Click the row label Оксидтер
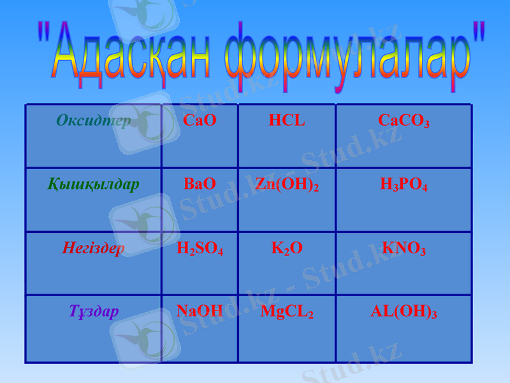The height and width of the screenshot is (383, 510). (94, 121)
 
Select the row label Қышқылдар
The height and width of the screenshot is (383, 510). (94, 184)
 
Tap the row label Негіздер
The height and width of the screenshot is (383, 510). (94, 248)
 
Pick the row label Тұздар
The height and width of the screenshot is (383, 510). (94, 312)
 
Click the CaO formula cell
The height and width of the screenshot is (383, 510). (200, 120)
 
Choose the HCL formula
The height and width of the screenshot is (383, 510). (287, 120)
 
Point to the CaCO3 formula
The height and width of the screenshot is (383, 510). (404, 121)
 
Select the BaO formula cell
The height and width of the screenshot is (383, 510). (200, 184)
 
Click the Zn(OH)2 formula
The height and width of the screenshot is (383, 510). (287, 184)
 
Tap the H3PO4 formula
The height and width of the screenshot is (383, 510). (404, 185)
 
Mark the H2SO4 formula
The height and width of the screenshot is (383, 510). (200, 248)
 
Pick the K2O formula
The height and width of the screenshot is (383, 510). (287, 248)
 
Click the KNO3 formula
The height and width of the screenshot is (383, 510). (404, 248)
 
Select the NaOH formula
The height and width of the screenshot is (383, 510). (200, 311)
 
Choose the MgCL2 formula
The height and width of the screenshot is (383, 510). (287, 312)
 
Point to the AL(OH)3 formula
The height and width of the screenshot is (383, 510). (404, 312)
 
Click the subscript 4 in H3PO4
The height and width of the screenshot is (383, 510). (425, 188)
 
